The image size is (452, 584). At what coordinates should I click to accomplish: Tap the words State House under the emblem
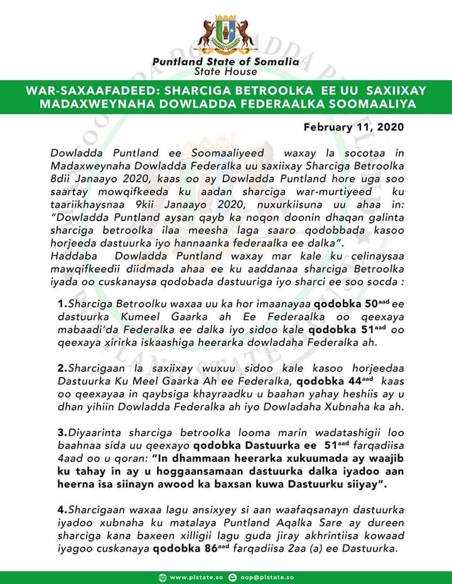coord(226,71)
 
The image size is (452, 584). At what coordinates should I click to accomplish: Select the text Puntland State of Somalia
coord(226,61)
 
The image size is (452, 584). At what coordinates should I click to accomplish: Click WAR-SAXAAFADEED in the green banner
coord(89,91)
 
